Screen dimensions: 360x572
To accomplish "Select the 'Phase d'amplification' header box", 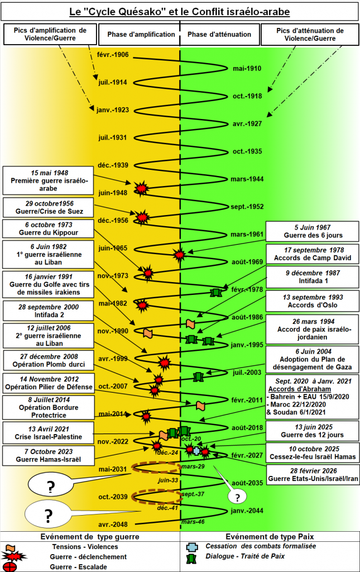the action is click(139, 35).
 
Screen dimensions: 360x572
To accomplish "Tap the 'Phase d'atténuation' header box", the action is click(220, 35).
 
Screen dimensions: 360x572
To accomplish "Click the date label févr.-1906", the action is click(113, 55).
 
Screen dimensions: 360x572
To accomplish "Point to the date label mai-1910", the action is click(247, 68).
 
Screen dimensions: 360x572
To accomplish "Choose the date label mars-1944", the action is click(247, 179).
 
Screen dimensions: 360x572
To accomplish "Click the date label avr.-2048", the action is click(113, 525).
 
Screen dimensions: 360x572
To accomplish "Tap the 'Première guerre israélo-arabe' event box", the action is click(48, 180).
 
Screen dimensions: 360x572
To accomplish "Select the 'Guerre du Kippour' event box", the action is click(48, 228).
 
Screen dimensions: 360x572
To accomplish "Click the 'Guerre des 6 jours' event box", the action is click(313, 231).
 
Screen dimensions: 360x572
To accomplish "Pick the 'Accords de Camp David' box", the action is click(313, 254).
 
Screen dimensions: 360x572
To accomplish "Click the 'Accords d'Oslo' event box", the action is click(313, 301).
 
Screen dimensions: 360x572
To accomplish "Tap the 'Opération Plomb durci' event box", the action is click(48, 360).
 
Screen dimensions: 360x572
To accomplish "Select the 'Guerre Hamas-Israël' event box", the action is click(48, 456).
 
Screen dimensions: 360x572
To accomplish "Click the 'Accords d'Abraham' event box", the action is click(313, 397).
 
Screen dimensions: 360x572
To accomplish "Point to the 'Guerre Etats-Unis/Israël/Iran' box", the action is click(313, 475).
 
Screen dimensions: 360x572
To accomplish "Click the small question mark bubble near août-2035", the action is click(237, 497).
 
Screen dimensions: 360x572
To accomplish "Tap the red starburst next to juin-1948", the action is click(141, 188).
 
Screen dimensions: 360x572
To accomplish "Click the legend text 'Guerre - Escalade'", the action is click(78, 567).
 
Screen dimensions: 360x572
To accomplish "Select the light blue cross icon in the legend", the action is click(193, 547).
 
